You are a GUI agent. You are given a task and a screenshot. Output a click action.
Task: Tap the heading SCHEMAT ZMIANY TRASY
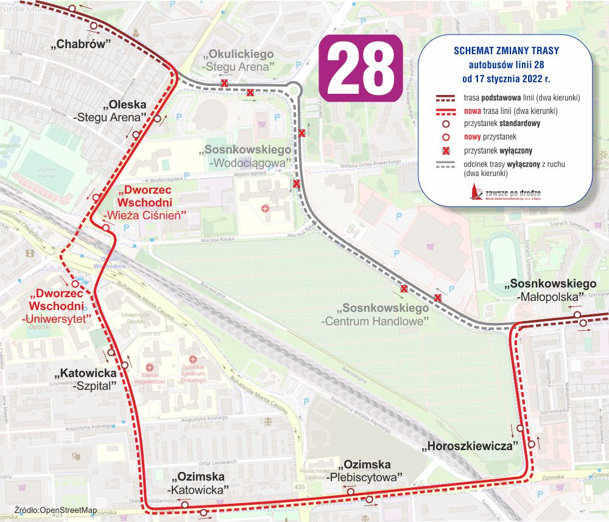click(506, 50)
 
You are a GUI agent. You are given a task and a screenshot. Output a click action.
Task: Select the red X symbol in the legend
click(446, 150)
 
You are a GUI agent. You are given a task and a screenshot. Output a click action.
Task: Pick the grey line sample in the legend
click(446, 164)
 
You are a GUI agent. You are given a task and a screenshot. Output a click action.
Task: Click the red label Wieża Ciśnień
click(144, 214)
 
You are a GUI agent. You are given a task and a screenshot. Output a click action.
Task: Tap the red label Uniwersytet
click(56, 317)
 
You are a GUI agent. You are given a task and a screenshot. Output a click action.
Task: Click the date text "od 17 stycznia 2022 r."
click(506, 79)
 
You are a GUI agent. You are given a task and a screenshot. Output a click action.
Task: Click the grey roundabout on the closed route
click(294, 91)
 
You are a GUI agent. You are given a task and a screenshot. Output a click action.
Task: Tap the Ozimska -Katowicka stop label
click(199, 482)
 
